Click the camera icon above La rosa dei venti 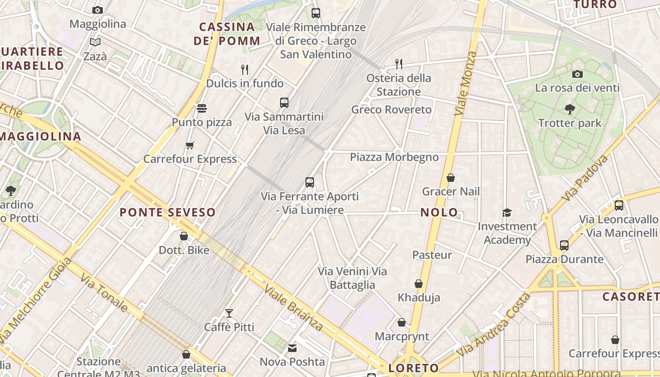pyautogui.click(x=577, y=74)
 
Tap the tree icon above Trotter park pyautogui.click(x=569, y=109)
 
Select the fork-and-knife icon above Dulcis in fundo pyautogui.click(x=245, y=70)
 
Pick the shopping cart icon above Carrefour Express pyautogui.click(x=190, y=145)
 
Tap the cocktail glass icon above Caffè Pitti pyautogui.click(x=229, y=313)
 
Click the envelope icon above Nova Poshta pyautogui.click(x=292, y=348)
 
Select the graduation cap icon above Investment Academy pyautogui.click(x=507, y=213)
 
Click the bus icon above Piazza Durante pyautogui.click(x=564, y=246)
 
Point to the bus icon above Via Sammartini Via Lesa pyautogui.click(x=284, y=103)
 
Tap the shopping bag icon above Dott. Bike pyautogui.click(x=184, y=236)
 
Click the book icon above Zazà pyautogui.click(x=95, y=42)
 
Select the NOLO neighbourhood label pyautogui.click(x=439, y=213)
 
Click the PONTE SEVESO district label pyautogui.click(x=167, y=213)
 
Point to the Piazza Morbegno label pyautogui.click(x=394, y=157)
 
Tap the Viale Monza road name pyautogui.click(x=465, y=84)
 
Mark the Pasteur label pyautogui.click(x=432, y=255)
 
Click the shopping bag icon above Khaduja pyautogui.click(x=418, y=284)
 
